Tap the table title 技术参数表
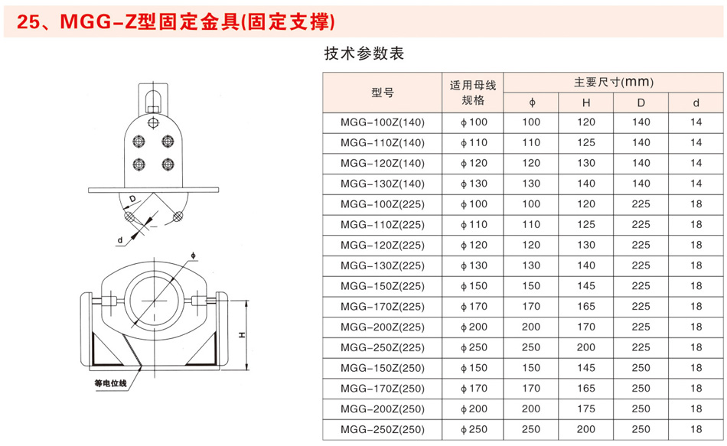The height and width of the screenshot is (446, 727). coord(364,54)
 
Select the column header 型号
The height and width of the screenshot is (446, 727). coord(383,93)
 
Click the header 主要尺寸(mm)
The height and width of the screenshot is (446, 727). coord(614,83)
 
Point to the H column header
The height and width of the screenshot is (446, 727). coord(586,103)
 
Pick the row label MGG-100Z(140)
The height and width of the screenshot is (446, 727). coord(383,122)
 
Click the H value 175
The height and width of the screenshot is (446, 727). coord(586,409)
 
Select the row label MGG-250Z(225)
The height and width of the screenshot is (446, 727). coord(383,348)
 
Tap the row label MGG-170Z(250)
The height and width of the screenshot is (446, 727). coord(383,389)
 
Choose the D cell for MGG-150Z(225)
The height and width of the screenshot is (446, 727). coord(641,286)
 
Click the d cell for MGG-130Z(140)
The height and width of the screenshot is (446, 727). coord(696,184)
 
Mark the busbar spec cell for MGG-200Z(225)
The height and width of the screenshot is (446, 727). coord(474,327)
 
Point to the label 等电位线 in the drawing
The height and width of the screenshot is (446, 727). coord(111,383)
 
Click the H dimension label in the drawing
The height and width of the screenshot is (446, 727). coord(242,335)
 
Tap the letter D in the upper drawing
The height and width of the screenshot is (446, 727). coord(132,199)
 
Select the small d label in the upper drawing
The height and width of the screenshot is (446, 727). coord(120,240)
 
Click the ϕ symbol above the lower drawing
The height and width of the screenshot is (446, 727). coord(194,256)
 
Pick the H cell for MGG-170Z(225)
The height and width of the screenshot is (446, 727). coord(586,307)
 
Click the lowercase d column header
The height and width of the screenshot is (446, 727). coord(696,103)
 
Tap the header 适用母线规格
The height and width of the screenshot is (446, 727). coord(473,93)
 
